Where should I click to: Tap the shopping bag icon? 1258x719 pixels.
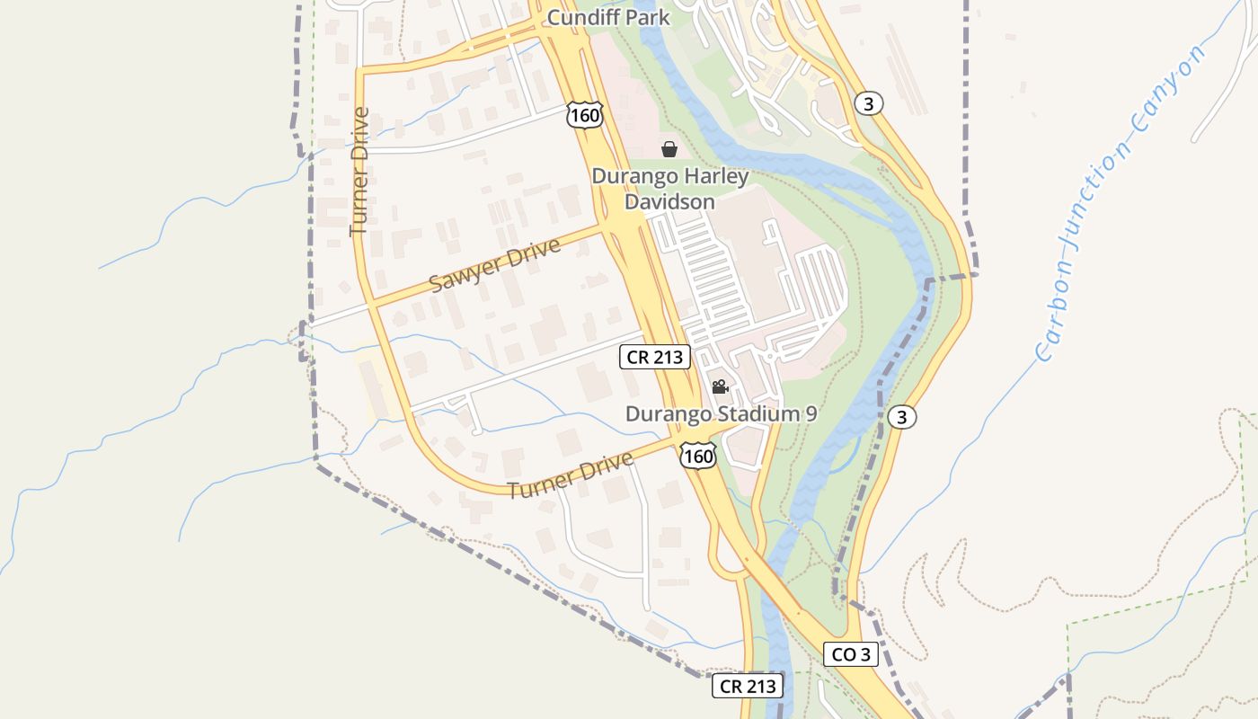tap(669, 149)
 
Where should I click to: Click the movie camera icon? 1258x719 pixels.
tap(720, 387)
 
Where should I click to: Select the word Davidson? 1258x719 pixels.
tap(669, 201)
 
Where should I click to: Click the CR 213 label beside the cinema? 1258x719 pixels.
tap(655, 357)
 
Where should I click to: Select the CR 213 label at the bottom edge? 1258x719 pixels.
tap(748, 687)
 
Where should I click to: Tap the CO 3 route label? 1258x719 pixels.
tap(850, 654)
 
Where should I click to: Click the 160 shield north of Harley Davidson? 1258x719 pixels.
tap(584, 115)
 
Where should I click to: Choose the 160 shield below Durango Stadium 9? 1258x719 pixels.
tap(697, 457)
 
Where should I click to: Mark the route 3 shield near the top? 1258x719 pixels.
tap(867, 103)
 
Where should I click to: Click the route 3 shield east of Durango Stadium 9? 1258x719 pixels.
tap(901, 417)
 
